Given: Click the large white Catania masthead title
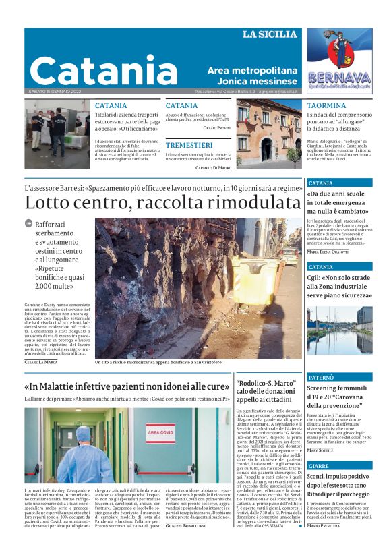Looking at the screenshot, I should tap(103, 70).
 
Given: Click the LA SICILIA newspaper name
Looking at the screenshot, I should tap(269, 34).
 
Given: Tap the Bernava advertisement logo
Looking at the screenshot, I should tap(339, 59).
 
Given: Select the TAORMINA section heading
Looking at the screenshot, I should tap(326, 106).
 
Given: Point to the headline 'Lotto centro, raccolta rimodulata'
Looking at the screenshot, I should tap(162, 203).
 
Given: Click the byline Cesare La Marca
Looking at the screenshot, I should tap(41, 362).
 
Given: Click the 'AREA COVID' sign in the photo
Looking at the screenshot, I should tap(160, 429).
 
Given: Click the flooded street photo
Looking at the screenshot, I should tap(339, 330).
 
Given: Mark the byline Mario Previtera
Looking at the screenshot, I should tap(324, 544).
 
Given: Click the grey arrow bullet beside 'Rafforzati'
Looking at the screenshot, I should tap(28, 223).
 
